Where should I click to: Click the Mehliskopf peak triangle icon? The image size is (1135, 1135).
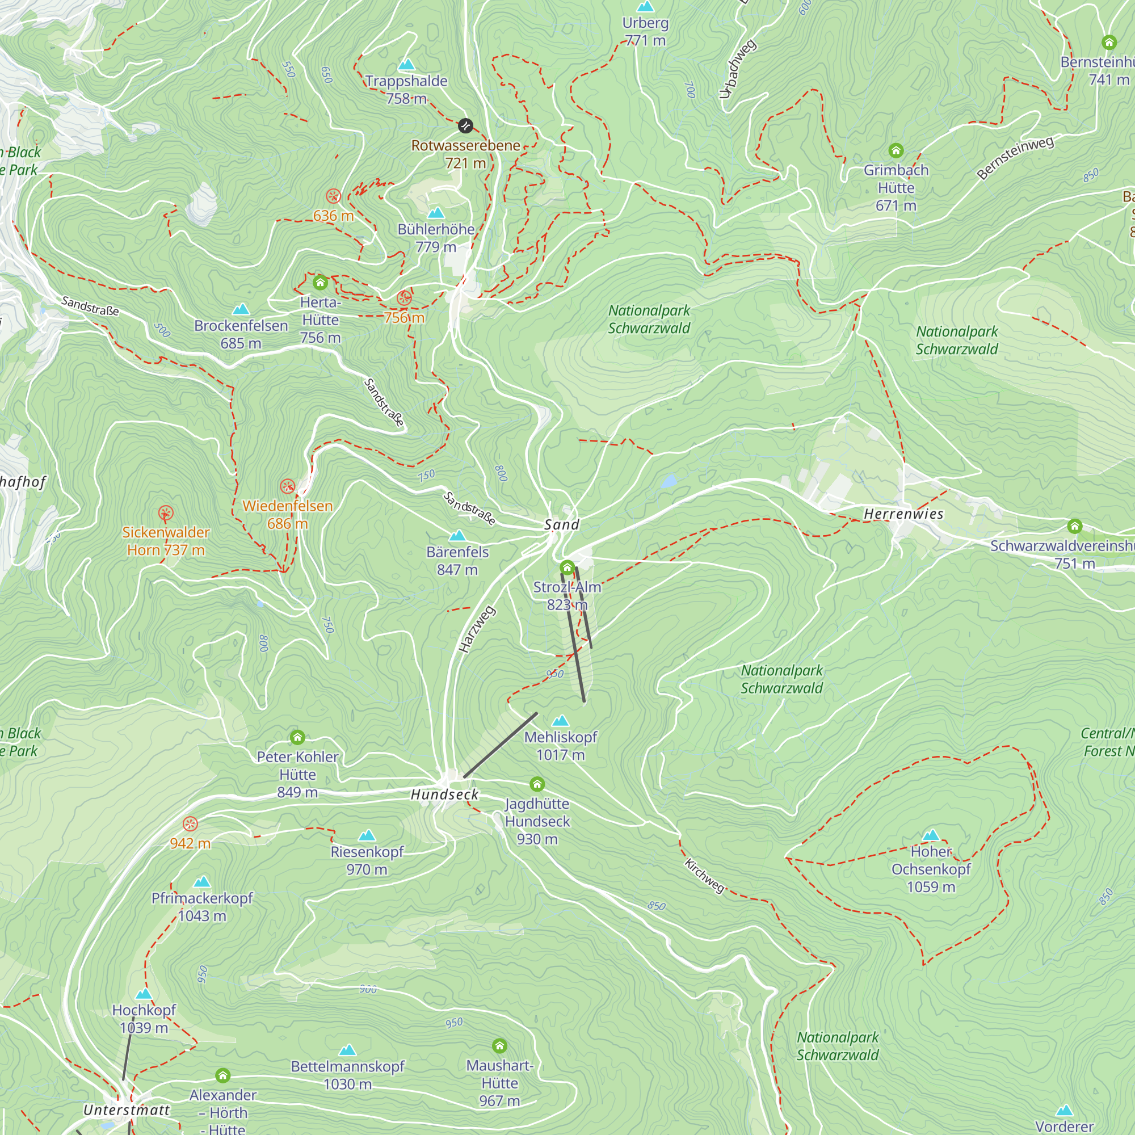(561, 721)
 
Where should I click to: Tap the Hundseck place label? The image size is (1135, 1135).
(444, 795)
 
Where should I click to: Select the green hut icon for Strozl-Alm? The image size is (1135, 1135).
(567, 567)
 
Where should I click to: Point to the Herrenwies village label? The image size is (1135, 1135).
(903, 514)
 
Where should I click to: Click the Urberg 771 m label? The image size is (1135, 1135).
(645, 32)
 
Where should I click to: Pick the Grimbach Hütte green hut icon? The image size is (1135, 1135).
(896, 151)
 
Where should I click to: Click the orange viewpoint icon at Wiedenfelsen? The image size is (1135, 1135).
(287, 486)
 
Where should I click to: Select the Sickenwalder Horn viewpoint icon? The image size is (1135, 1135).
(166, 514)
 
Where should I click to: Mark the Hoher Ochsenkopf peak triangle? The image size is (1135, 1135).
(931, 835)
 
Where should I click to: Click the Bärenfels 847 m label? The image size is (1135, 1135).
(457, 561)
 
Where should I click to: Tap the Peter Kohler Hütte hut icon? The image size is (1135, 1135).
(297, 737)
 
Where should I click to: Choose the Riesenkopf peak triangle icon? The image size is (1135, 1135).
(367, 835)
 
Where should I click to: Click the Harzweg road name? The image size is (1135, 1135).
(477, 629)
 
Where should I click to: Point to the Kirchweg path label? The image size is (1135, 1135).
(704, 876)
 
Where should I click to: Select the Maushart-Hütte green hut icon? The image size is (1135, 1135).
(499, 1046)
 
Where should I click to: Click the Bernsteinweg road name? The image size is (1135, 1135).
(1015, 157)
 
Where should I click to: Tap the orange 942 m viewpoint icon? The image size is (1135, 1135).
(190, 823)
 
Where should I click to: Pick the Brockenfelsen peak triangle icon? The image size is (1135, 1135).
(241, 309)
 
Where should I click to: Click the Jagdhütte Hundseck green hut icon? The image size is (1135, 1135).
(537, 784)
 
